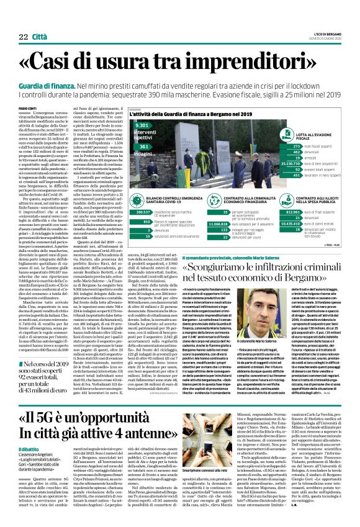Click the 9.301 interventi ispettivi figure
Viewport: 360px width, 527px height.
click(143, 133)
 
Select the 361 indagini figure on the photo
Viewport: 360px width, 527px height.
click(142, 152)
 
